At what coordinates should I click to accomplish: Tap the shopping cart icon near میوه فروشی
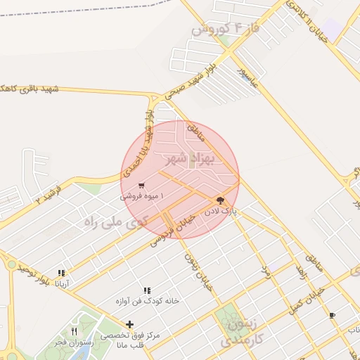tap(142, 186)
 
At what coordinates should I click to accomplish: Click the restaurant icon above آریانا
tap(62, 273)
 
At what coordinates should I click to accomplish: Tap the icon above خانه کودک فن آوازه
tap(147, 290)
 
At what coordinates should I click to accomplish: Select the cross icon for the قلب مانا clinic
tap(129, 324)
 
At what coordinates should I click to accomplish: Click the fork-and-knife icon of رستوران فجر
tap(74, 331)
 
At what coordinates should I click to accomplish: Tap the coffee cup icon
tap(332, 315)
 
